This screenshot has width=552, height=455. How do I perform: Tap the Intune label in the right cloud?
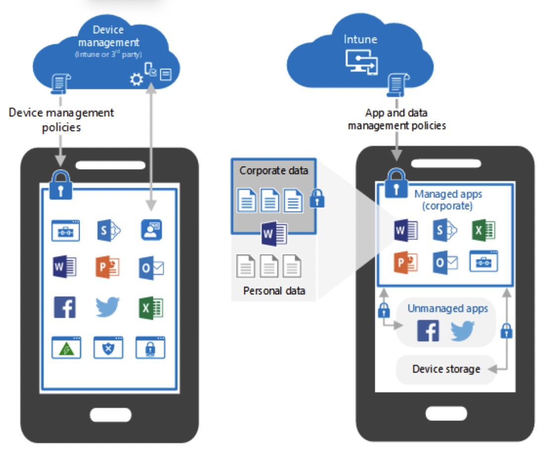[361, 39]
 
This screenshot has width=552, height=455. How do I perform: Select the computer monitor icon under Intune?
[361, 62]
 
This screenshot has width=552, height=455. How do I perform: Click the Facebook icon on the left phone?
[65, 307]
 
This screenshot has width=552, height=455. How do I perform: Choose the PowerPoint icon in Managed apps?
[406, 262]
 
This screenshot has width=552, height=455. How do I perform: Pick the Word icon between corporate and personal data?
[274, 233]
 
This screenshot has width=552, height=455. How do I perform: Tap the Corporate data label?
[274, 171]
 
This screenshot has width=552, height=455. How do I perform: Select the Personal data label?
[274, 290]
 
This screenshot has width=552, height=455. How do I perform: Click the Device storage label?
[446, 369]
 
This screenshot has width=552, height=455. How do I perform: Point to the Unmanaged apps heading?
[448, 309]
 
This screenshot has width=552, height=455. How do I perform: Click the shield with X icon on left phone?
[108, 348]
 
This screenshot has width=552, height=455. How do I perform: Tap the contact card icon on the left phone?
[151, 229]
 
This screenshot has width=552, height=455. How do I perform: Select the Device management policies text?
[61, 120]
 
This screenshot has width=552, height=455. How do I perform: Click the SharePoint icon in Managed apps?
[444, 230]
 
